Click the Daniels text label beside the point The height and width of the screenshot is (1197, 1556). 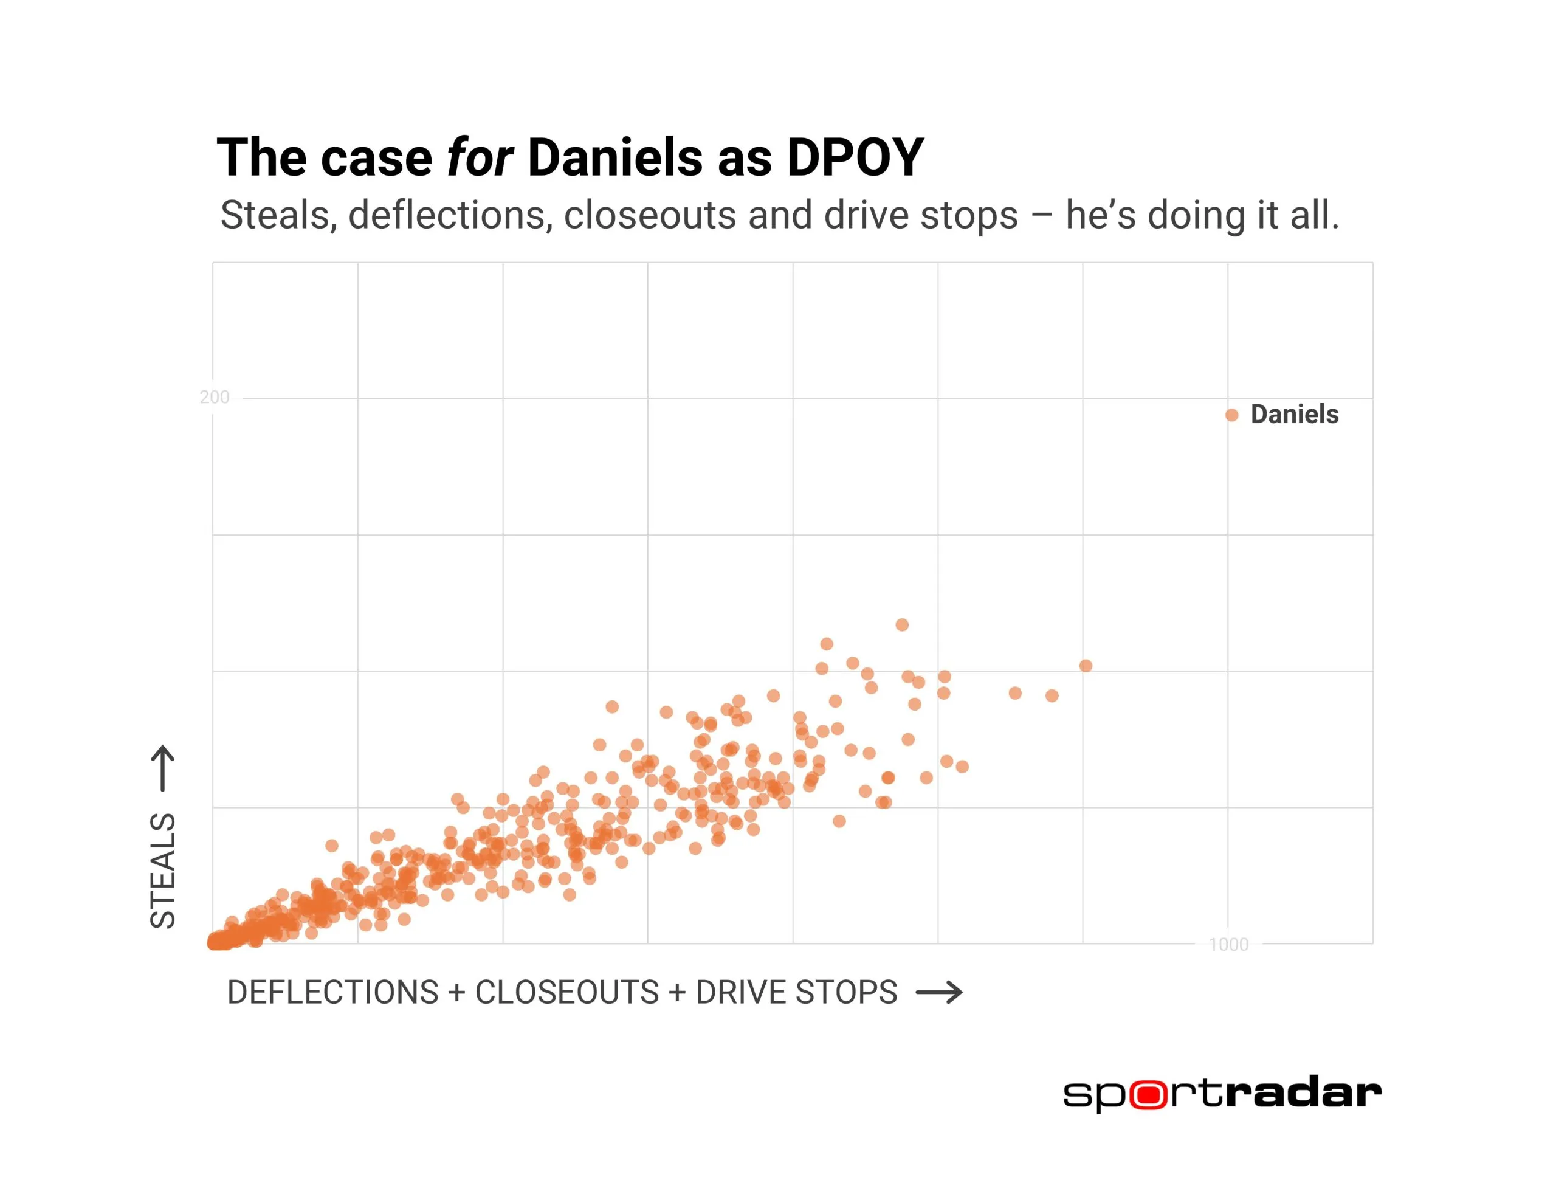click(x=1295, y=414)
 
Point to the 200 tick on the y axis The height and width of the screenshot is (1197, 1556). click(x=215, y=397)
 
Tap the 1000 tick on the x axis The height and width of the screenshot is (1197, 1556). click(x=1228, y=944)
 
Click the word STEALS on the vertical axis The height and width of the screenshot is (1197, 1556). click(x=163, y=870)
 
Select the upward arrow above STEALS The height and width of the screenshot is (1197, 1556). click(x=163, y=768)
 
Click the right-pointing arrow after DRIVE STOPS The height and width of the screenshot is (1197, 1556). click(x=939, y=993)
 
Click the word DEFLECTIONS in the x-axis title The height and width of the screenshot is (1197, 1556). click(x=332, y=993)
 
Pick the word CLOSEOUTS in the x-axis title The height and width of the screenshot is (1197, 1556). click(x=567, y=993)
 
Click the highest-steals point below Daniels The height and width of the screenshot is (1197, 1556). click(x=902, y=625)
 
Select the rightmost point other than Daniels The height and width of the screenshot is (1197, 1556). click(x=1086, y=666)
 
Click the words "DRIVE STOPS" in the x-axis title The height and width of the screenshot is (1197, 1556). click(x=796, y=993)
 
